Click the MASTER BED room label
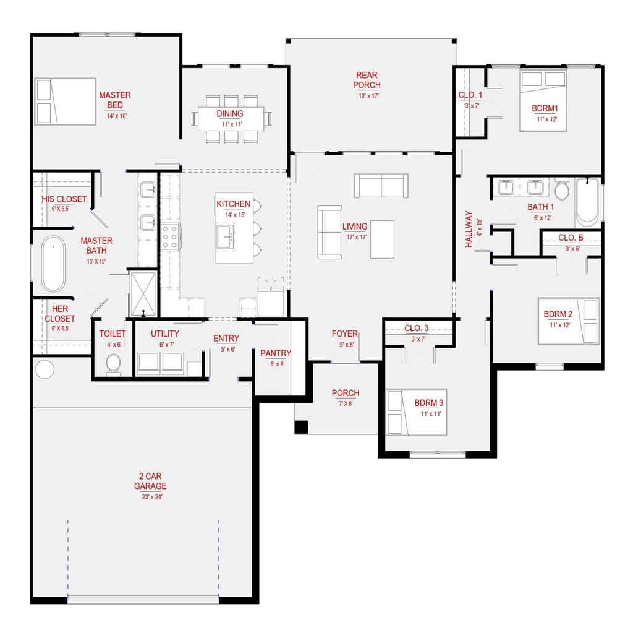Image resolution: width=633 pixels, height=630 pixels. pos(115,100)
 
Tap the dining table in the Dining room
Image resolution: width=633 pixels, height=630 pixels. pos(231,119)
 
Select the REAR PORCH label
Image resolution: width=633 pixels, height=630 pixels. pos(367,80)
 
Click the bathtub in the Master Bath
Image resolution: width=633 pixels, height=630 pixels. pos(53,264)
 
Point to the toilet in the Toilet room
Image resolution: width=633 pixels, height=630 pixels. pos(114,365)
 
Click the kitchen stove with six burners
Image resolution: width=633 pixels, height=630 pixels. pos(171,237)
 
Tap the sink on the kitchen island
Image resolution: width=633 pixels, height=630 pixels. pos(225,236)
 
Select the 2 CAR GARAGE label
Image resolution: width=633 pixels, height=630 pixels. pos(150,481)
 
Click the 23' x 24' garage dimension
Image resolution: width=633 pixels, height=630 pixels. pos(152,497)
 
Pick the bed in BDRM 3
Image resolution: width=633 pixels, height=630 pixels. pos(416,412)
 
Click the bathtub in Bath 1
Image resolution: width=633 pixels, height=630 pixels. pos(587,202)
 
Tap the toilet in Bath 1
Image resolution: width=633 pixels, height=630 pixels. pos(562,188)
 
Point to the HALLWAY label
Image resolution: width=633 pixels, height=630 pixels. pos(469,229)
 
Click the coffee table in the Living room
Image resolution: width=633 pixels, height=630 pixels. pos(382,239)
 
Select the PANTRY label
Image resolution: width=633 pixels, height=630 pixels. pos(276,353)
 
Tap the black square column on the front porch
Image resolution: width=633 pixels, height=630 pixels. pos(301,427)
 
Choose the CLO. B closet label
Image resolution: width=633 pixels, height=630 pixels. pos(571,238)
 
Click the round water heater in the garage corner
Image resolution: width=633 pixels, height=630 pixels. pos(45,369)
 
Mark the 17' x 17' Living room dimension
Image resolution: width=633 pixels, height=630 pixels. pos(357,237)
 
